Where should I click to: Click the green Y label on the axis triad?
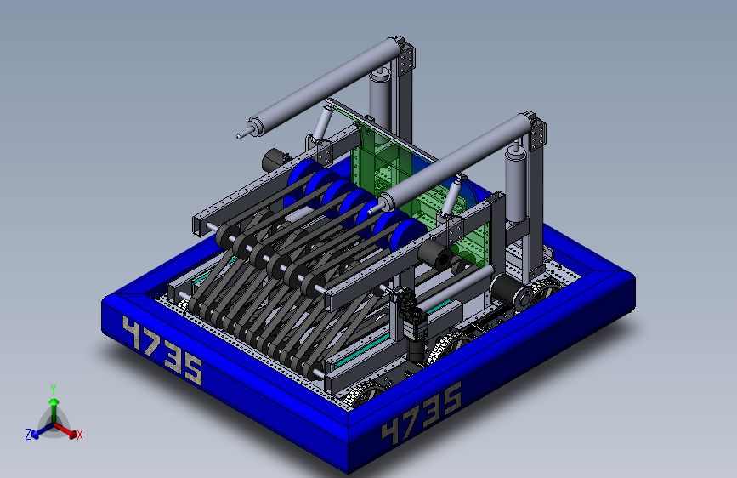(53, 390)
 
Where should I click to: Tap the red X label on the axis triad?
(79, 435)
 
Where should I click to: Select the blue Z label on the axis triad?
(28, 435)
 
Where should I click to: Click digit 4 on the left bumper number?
(132, 333)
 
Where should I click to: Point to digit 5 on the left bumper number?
(193, 370)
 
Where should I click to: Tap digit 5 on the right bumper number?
(451, 397)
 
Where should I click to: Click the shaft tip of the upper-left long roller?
(239, 136)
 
